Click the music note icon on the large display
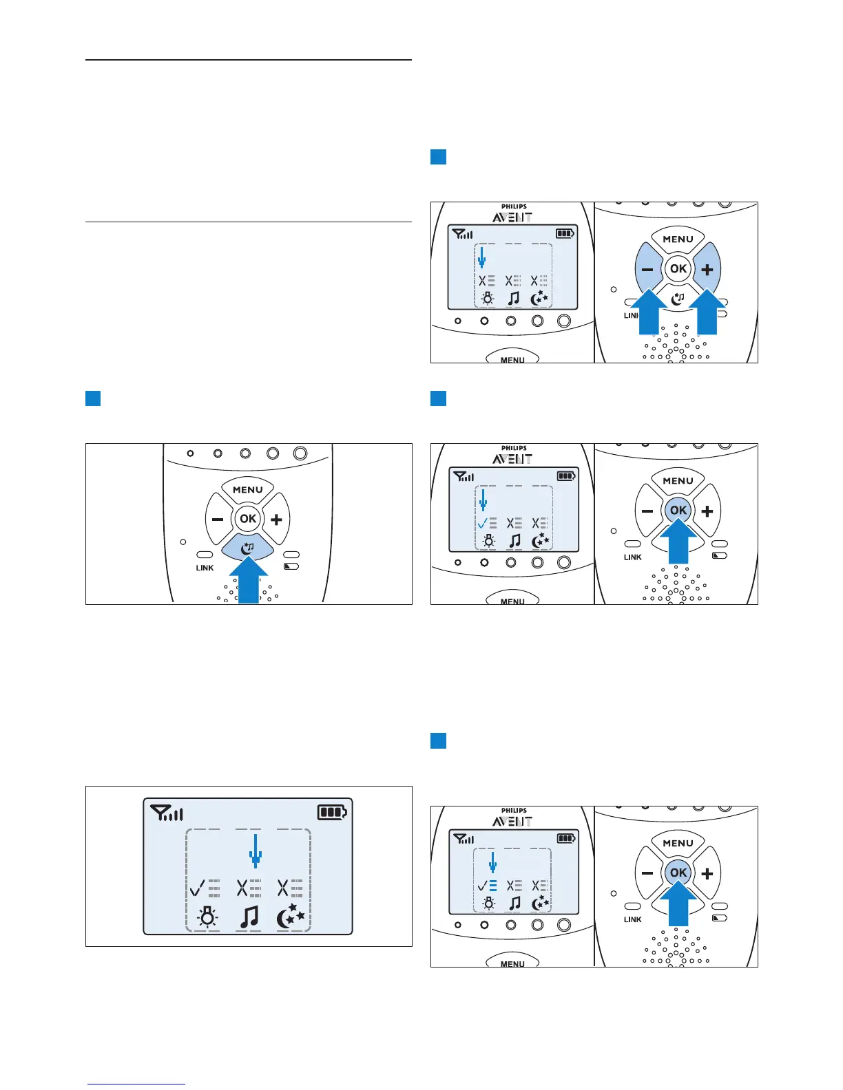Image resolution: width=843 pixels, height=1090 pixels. coord(249,917)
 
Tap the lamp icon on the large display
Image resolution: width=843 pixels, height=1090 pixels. coord(207,917)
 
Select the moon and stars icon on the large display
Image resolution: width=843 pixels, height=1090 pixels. coord(290,917)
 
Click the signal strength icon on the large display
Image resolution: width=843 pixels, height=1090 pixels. coord(167,814)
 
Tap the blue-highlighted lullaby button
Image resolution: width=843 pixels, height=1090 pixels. coord(248,547)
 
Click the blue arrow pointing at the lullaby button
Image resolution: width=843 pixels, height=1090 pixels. coord(248,581)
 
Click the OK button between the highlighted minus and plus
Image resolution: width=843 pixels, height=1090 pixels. coord(678,268)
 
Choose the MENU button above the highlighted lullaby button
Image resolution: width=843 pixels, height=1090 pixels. coord(248,490)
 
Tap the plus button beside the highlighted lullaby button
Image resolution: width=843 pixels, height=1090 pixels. coord(277,520)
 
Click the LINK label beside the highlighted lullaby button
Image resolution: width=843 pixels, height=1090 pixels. coord(205,568)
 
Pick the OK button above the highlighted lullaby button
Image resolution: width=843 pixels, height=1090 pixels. coord(248,519)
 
